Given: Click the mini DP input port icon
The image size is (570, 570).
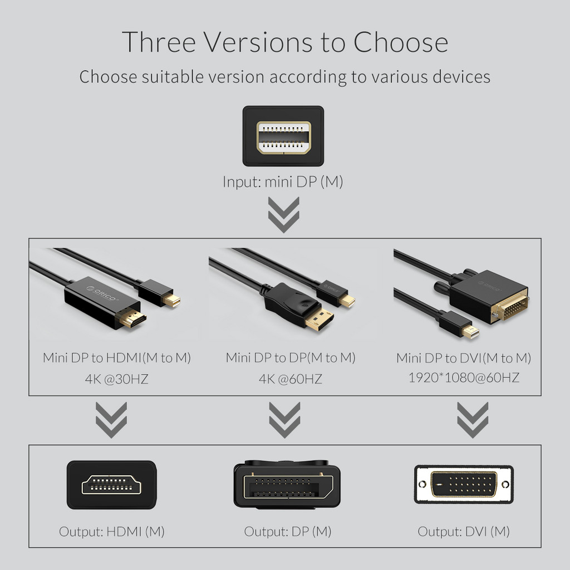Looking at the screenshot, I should point(283,136).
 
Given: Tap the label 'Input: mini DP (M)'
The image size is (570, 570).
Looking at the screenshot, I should point(283,181).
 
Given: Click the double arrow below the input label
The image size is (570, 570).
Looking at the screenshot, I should point(283,214).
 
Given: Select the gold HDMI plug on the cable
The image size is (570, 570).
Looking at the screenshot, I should point(132,318).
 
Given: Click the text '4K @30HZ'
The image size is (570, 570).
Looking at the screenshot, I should point(116,380).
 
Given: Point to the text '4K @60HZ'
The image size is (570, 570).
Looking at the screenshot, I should point(290,380).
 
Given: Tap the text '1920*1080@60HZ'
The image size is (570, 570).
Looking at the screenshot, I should point(464,377).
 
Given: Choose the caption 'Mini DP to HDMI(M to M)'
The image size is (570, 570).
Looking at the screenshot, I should point(117,357).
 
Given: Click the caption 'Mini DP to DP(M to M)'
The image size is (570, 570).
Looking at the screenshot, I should point(290,357).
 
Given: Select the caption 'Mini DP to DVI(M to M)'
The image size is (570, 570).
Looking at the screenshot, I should point(464,357).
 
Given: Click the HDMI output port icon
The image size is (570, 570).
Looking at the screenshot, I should point(112,485).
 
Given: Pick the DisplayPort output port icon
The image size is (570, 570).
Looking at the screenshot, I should point(287,483).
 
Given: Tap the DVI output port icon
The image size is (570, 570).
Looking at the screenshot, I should point(464,484).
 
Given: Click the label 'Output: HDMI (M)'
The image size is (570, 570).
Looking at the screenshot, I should point(112,531).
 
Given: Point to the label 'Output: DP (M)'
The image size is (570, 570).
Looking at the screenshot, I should point(287,531).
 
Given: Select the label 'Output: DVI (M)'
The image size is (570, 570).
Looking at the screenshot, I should point(464,531).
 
